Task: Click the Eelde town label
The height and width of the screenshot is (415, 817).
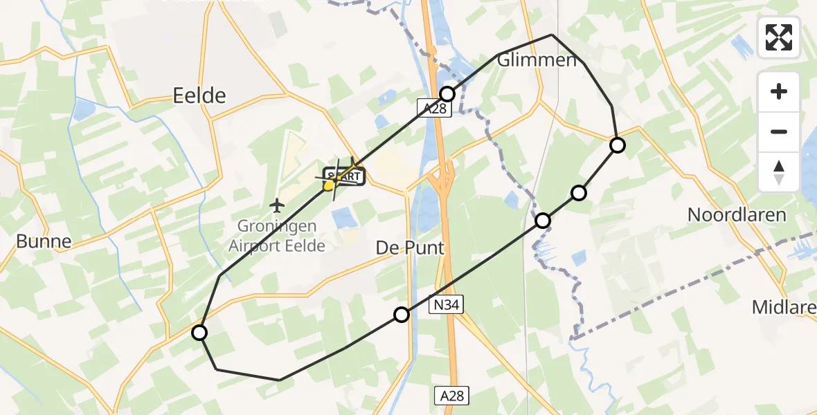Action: click(x=199, y=95)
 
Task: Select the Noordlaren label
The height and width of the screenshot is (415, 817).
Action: click(x=737, y=214)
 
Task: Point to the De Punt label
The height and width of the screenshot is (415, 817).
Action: click(x=411, y=248)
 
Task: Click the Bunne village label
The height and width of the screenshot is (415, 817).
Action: click(x=44, y=241)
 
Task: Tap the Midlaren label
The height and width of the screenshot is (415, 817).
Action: click(x=785, y=306)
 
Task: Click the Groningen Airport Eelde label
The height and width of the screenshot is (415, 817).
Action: click(x=277, y=235)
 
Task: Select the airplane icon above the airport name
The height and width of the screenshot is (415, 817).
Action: click(x=277, y=205)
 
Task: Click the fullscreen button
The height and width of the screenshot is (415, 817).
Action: click(x=779, y=37)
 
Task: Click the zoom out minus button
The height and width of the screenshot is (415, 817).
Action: click(x=779, y=132)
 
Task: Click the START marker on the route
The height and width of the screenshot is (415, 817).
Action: click(x=342, y=176)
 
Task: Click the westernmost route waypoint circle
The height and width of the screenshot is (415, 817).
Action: click(x=199, y=333)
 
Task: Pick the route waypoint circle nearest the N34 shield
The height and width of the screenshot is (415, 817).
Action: click(x=402, y=315)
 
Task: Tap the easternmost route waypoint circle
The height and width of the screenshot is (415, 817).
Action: click(x=617, y=145)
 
